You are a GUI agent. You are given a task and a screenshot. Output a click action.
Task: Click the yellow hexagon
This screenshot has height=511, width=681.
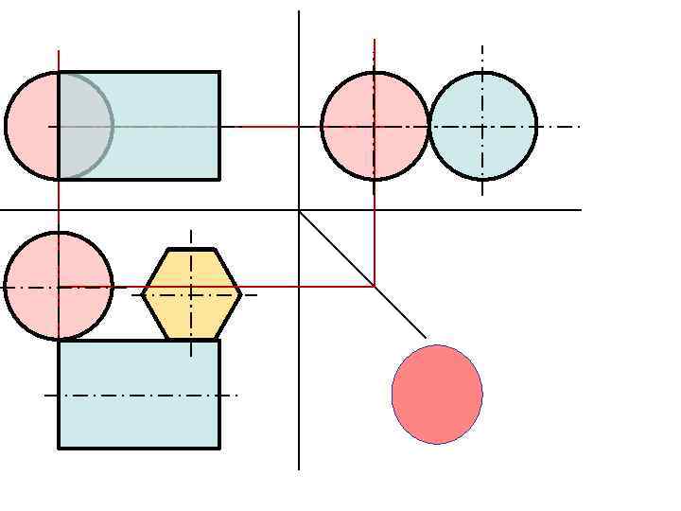tap(192, 294)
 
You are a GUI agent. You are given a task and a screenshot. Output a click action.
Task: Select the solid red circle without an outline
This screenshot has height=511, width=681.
tap(437, 394)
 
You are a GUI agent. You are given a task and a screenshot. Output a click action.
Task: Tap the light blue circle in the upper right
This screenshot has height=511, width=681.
tap(483, 126)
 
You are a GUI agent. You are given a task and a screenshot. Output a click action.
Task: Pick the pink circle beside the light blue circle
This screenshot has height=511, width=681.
tap(375, 126)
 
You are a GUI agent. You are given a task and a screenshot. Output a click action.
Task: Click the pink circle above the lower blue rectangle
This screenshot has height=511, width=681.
tap(59, 286)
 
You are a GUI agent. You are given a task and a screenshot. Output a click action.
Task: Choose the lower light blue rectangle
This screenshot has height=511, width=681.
tap(139, 394)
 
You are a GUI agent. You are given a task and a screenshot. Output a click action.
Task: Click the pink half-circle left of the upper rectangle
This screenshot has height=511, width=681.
tap(32, 125)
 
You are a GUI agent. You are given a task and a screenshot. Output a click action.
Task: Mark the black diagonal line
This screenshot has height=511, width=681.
tap(362, 274)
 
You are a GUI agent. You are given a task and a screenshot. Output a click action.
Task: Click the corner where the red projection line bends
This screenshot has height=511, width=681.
tap(375, 285)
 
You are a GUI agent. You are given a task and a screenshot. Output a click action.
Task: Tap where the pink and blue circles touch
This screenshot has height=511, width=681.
tap(429, 126)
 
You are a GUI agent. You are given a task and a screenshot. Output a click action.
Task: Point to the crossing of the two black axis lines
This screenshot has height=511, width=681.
tap(299, 209)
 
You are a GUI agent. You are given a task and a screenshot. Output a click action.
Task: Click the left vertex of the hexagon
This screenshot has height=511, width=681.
tap(143, 294)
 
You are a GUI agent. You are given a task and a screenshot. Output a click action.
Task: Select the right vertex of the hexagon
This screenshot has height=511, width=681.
tap(241, 294)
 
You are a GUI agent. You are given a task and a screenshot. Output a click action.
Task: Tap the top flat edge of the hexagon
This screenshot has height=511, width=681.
tap(192, 250)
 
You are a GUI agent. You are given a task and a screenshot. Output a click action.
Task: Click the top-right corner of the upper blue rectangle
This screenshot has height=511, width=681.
tap(219, 72)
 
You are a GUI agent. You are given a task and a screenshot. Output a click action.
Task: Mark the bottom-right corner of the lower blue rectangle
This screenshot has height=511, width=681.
tap(219, 448)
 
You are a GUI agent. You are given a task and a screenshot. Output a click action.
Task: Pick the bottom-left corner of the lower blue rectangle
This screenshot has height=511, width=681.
tap(59, 448)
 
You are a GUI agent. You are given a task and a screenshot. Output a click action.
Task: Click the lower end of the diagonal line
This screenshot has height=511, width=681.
tap(426, 337)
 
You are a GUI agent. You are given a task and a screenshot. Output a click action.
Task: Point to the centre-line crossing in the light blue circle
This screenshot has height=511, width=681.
tap(482, 126)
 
